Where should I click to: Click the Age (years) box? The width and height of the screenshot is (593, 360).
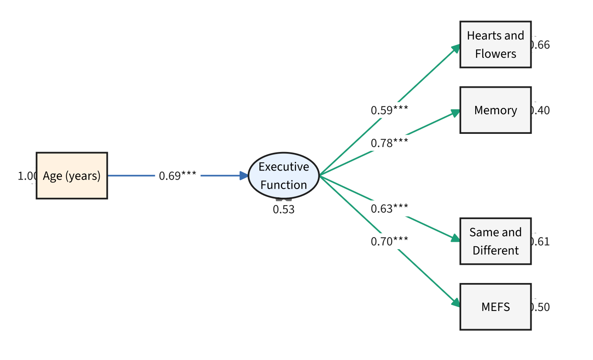(x=72, y=176)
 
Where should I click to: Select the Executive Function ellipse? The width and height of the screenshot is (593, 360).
(x=284, y=176)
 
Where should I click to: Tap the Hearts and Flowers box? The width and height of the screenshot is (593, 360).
(x=495, y=44)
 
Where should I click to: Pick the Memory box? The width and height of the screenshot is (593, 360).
(x=495, y=110)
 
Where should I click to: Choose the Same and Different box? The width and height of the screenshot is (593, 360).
(x=495, y=241)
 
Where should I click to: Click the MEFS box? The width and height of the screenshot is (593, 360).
(x=495, y=307)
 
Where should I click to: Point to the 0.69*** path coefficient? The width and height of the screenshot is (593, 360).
(x=177, y=176)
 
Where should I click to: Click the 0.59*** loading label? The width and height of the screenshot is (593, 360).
(x=389, y=110)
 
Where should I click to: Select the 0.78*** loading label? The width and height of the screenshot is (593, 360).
(x=389, y=143)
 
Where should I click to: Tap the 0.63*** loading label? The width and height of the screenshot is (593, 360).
(x=389, y=209)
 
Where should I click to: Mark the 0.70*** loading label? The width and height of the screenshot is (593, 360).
(x=389, y=241)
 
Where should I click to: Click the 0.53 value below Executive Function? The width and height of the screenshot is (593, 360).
(x=284, y=210)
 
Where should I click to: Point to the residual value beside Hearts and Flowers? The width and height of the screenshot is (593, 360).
(x=541, y=45)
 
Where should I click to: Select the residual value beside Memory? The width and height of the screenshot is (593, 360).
(x=541, y=110)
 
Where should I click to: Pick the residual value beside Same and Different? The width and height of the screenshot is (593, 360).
(x=541, y=242)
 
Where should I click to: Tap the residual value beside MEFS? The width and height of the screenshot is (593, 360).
(x=541, y=307)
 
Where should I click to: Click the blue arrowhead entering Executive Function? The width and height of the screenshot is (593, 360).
(x=244, y=176)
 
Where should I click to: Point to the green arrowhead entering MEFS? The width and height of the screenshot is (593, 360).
(x=455, y=303)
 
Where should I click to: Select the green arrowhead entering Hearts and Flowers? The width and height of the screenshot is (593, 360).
(x=455, y=49)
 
